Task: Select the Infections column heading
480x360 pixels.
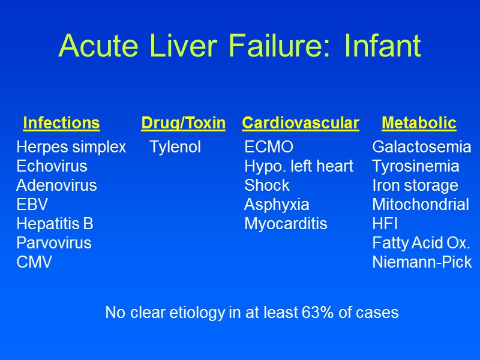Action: (61, 124)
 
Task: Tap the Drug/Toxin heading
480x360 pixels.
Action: (183, 124)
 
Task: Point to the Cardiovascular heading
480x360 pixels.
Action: (301, 124)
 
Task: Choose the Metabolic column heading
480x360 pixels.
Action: (419, 124)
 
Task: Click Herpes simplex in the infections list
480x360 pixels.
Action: (71, 147)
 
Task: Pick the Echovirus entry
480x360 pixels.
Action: (52, 166)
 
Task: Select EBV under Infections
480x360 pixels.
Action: (32, 205)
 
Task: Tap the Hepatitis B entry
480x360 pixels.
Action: (55, 224)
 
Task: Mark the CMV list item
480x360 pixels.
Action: (34, 262)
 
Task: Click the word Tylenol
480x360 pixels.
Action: (175, 147)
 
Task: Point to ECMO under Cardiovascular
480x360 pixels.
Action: (269, 147)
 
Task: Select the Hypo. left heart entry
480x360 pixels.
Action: (299, 166)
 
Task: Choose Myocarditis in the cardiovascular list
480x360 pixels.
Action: (286, 224)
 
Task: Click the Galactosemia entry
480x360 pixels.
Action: (422, 147)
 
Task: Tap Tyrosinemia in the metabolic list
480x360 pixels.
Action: (416, 166)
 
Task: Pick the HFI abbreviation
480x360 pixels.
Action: (385, 224)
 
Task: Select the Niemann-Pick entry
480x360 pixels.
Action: (422, 262)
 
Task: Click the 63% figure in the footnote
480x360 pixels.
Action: (323, 313)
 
